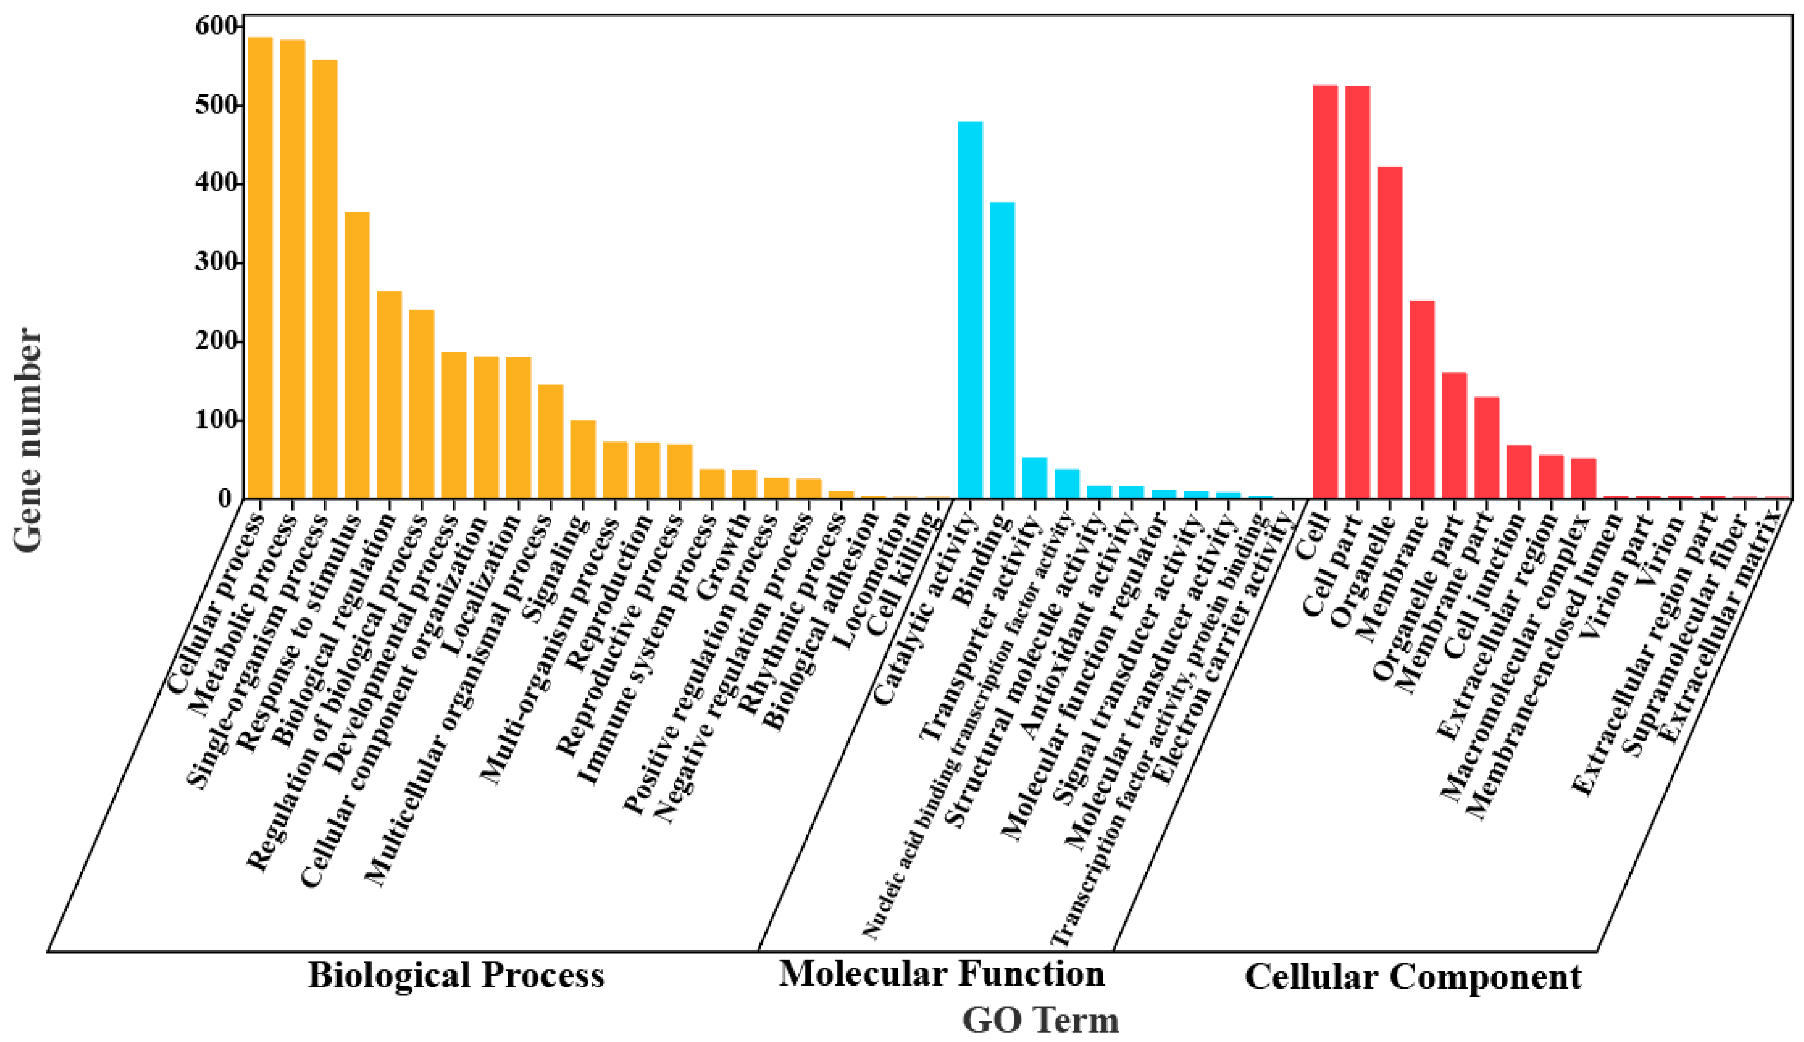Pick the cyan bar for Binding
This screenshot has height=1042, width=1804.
(x=1002, y=351)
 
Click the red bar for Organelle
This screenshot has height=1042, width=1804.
(x=1390, y=333)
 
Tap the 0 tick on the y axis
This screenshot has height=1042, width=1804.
(x=226, y=499)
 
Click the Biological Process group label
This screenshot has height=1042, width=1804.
(x=456, y=975)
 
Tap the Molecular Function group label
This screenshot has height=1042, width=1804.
(x=942, y=973)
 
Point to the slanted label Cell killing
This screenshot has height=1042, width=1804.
(x=902, y=565)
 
